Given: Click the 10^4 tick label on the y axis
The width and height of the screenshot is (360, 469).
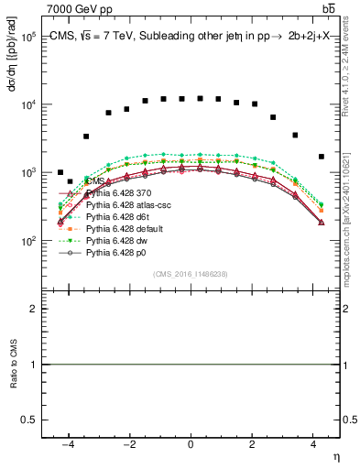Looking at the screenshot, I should coord(38,104).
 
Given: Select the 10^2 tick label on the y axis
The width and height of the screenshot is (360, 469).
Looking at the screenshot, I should coord(38,240).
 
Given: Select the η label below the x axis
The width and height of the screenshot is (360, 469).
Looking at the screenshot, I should coord(334,456).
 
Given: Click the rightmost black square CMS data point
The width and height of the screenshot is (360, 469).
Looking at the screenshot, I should coord(322,157).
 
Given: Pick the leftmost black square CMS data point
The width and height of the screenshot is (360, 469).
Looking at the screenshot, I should coord(60,172).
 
